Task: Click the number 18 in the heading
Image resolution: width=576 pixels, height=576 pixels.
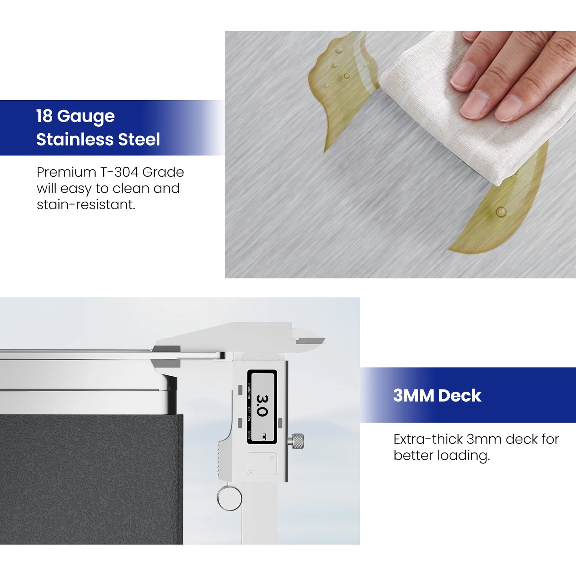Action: [x=44, y=116]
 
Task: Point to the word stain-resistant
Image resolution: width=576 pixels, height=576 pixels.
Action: [x=86, y=205]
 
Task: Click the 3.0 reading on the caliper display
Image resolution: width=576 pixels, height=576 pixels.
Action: [x=262, y=406]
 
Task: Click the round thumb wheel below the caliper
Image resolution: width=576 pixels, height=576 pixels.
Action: [x=229, y=498]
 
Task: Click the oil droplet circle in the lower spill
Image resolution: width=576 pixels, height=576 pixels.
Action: [x=501, y=212]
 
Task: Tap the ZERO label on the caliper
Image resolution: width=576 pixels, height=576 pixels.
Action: [x=249, y=435]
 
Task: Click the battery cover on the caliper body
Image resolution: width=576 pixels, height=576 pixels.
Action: [x=262, y=463]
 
